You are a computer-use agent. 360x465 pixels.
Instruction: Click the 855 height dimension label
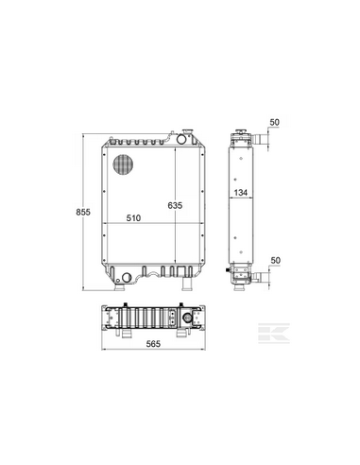tap(83, 212)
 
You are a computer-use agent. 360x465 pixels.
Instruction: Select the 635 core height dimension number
tap(175, 205)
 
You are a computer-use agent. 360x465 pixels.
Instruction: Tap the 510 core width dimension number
tap(133, 217)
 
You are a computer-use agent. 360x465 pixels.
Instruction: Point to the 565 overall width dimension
tap(153, 344)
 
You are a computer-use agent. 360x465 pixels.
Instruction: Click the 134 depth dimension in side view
tap(241, 193)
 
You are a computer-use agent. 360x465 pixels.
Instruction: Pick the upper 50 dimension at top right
tap(275, 122)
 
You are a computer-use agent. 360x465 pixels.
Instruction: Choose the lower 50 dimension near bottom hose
tap(275, 261)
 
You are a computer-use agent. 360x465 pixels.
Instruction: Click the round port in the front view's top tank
tap(181, 139)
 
